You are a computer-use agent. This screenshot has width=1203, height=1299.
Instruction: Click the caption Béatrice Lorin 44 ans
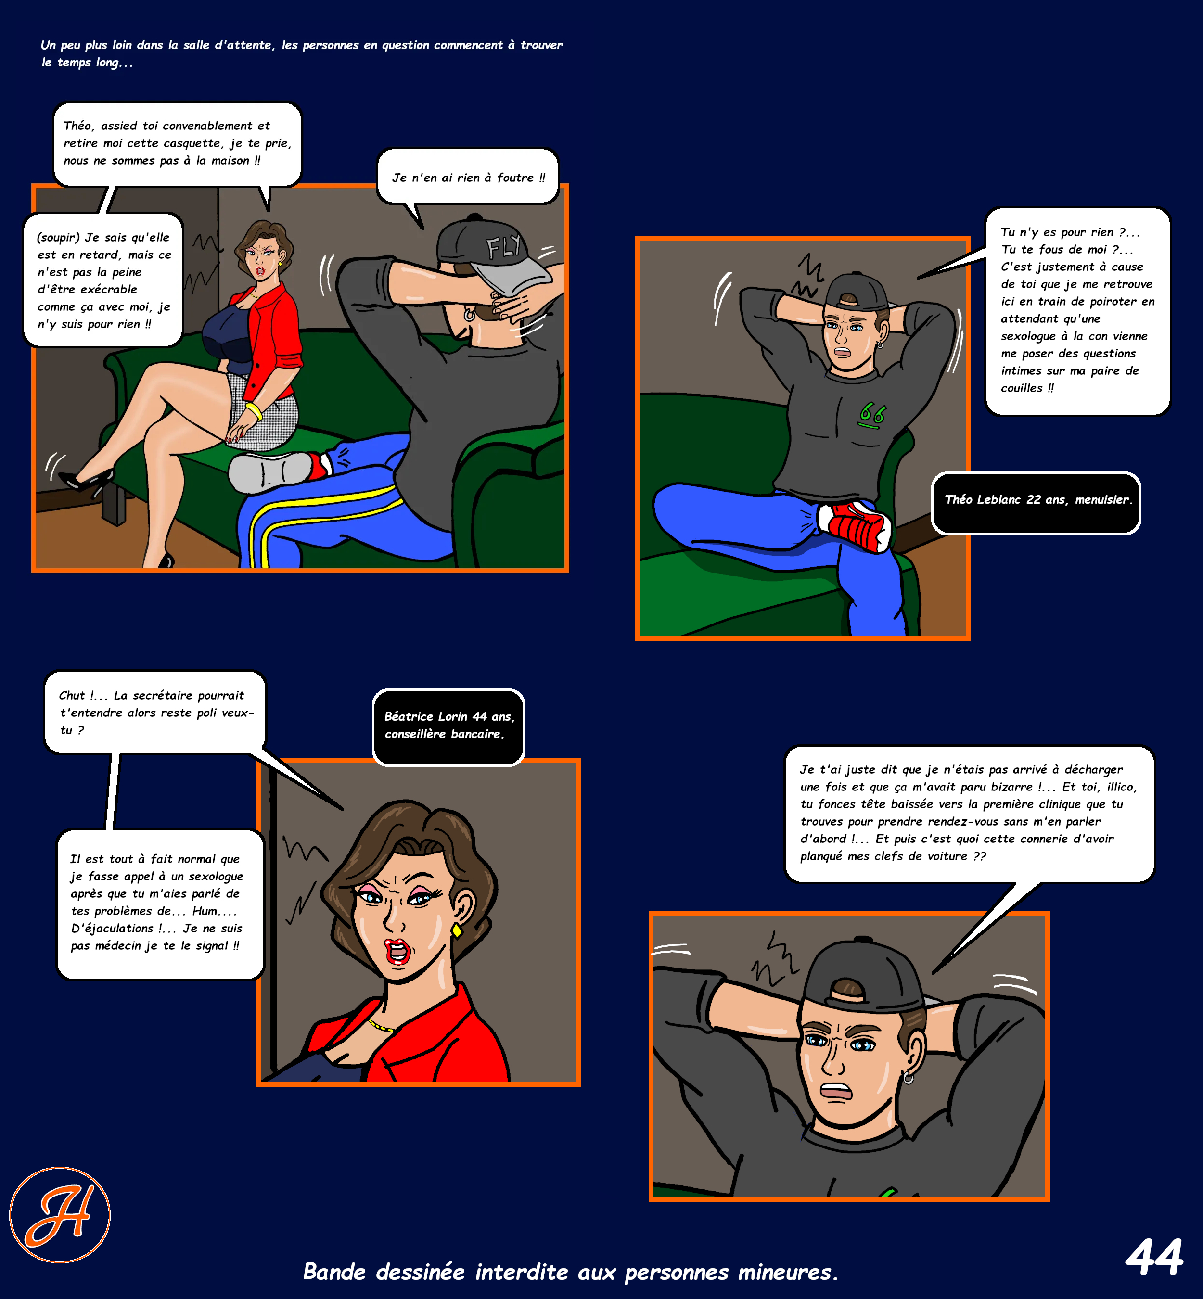(449, 716)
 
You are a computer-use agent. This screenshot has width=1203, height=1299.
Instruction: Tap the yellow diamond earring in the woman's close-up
(457, 930)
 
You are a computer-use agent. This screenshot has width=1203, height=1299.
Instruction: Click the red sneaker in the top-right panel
(855, 524)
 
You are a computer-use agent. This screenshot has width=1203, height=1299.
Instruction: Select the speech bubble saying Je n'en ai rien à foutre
(468, 178)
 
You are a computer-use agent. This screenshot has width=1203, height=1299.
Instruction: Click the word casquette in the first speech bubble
(192, 143)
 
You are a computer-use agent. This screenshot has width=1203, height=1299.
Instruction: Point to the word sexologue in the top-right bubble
(1028, 336)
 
